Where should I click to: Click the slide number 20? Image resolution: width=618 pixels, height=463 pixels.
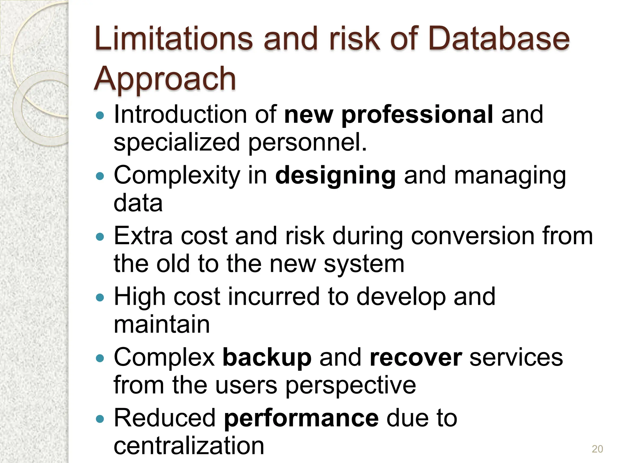pyautogui.click(x=597, y=449)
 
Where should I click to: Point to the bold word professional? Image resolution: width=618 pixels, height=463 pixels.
pyautogui.click(x=417, y=115)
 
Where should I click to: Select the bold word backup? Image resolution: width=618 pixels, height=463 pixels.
pyautogui.click(x=267, y=358)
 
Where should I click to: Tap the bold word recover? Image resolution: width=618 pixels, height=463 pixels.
pyautogui.click(x=416, y=358)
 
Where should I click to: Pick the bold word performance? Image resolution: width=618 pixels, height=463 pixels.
pyautogui.click(x=301, y=418)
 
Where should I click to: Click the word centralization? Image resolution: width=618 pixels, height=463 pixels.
pyautogui.click(x=189, y=446)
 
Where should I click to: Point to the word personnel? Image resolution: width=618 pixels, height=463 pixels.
pyautogui.click(x=307, y=142)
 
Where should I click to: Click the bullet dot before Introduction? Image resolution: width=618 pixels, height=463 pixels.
pyautogui.click(x=99, y=115)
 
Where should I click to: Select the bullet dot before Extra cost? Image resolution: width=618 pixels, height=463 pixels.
pyautogui.click(x=99, y=237)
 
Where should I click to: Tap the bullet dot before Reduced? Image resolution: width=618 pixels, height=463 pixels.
pyautogui.click(x=99, y=419)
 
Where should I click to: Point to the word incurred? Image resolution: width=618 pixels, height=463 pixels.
pyautogui.click(x=273, y=297)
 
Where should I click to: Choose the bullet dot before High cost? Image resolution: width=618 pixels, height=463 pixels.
pyautogui.click(x=99, y=298)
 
